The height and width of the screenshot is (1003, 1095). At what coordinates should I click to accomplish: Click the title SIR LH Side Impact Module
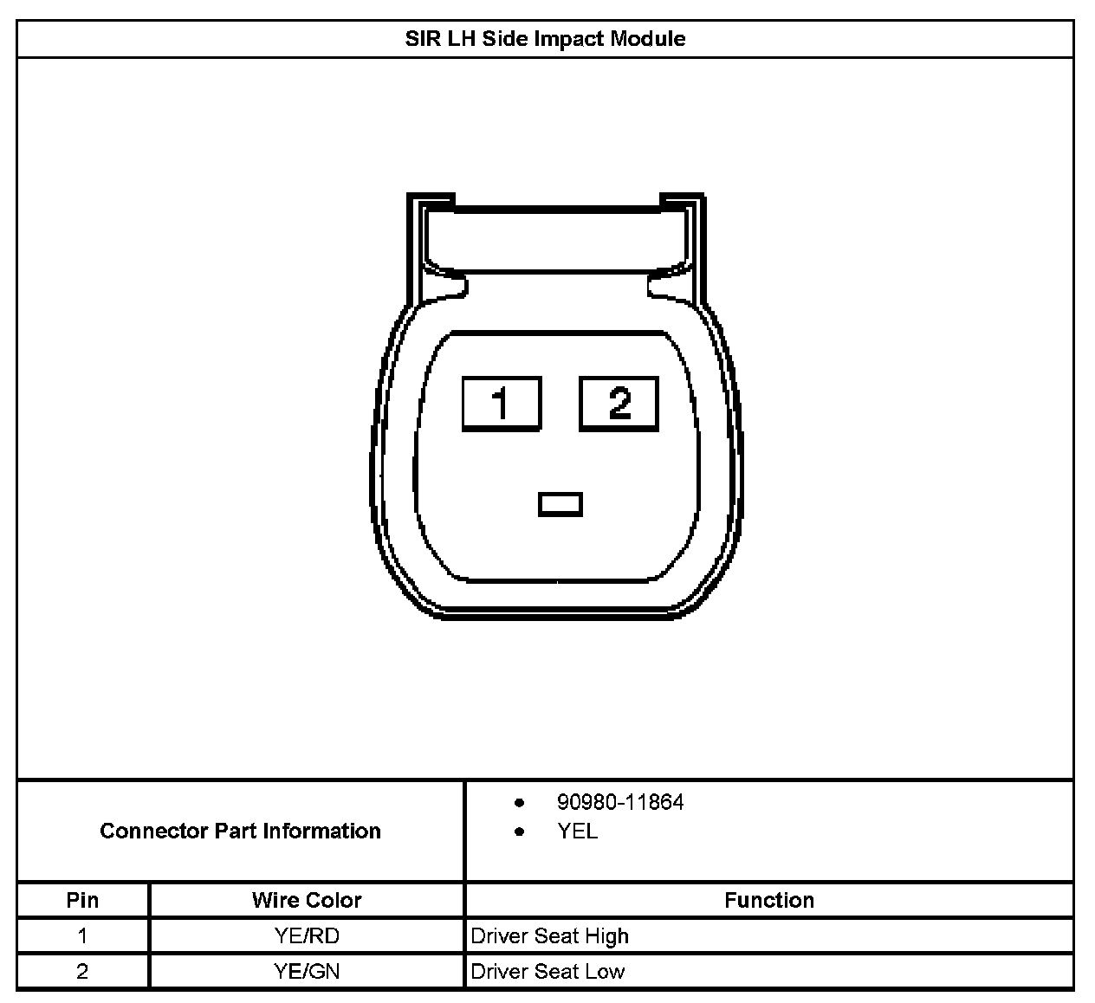[x=545, y=39]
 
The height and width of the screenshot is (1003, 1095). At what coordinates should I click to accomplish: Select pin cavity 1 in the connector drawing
[x=502, y=404]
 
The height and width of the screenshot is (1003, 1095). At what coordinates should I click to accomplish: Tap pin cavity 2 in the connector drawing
[x=619, y=404]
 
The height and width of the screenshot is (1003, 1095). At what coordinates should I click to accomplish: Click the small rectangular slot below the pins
[x=560, y=504]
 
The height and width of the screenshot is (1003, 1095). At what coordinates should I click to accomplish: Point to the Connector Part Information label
[x=240, y=831]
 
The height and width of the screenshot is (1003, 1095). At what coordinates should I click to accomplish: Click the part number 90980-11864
[x=619, y=803]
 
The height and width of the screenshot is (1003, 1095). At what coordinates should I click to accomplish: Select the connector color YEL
[x=577, y=832]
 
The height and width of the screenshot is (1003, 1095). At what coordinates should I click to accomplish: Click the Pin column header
[x=82, y=900]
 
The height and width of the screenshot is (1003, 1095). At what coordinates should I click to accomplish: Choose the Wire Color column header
[x=307, y=900]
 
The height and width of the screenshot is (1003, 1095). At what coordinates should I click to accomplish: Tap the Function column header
[x=768, y=900]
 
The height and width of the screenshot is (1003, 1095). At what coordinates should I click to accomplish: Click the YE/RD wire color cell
[x=307, y=936]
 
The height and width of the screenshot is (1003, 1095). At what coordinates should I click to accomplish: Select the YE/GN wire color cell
[x=307, y=972]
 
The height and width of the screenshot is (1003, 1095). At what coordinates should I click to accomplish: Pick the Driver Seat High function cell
[x=549, y=936]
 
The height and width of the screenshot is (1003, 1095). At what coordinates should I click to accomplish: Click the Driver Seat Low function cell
[x=547, y=972]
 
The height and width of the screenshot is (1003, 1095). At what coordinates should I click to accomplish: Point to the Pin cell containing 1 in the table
[x=82, y=936]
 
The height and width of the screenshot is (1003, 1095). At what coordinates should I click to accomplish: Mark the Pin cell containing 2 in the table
[x=82, y=972]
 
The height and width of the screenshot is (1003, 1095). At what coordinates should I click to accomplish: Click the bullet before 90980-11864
[x=520, y=803]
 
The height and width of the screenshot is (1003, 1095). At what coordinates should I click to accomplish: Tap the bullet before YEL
[x=520, y=832]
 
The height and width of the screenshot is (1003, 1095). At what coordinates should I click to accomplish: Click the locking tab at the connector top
[x=556, y=232]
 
